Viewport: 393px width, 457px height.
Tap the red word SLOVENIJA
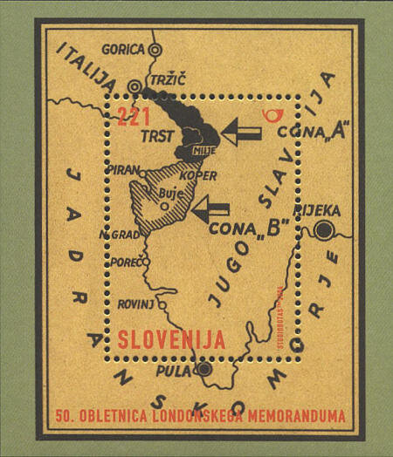point(171,338)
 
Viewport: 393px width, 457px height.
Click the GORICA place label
point(122,50)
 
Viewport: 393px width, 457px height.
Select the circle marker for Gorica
point(155,51)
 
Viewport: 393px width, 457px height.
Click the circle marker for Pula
point(204,370)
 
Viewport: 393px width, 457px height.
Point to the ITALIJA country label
point(86,67)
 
